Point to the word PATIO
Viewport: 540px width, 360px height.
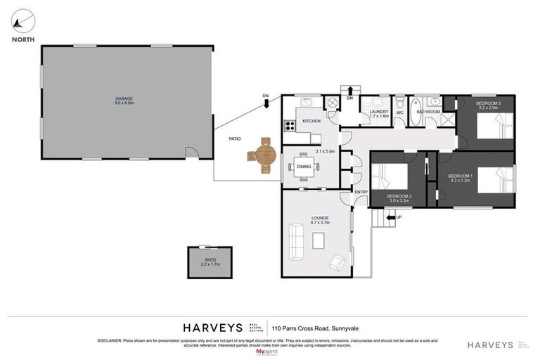click(x=234, y=139)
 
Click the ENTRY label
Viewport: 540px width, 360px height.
click(x=361, y=192)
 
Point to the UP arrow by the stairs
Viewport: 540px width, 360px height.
click(x=391, y=218)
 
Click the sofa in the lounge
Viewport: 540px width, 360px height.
click(x=294, y=240)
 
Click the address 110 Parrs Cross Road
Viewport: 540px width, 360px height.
click(x=321, y=328)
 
